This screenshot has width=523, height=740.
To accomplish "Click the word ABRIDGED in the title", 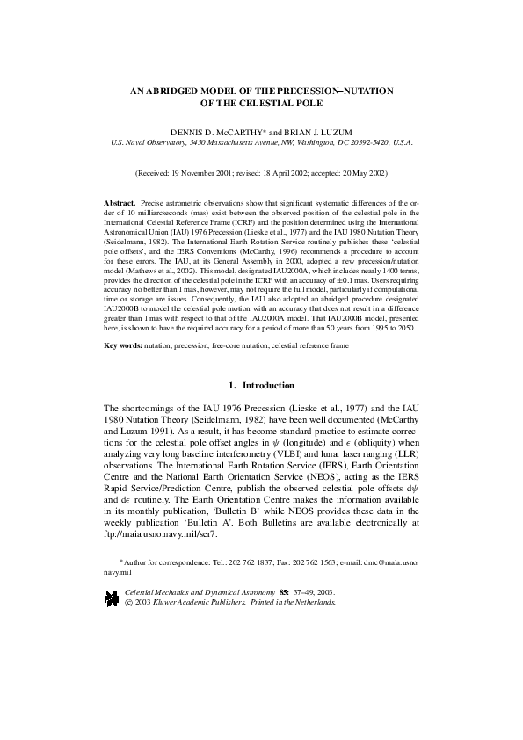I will coord(174,91).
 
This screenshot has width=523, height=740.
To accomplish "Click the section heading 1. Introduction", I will coord(261,385).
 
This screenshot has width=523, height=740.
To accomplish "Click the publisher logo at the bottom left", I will coord(112,599).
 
